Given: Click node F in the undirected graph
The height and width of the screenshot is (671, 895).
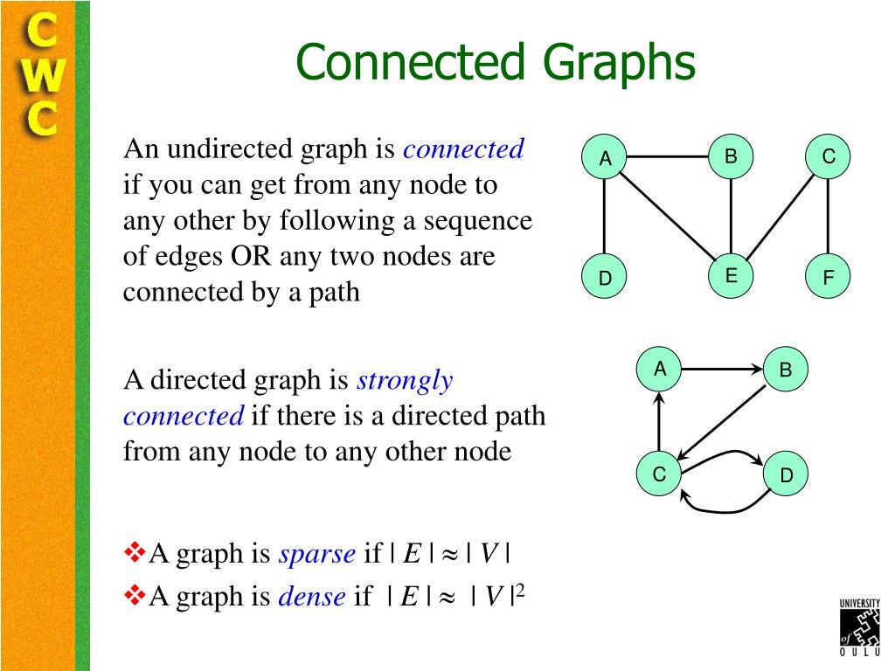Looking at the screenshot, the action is point(828,277).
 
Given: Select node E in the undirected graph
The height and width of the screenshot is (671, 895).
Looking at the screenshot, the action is point(731,276).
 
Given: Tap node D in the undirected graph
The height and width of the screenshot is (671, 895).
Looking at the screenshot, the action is point(605,277).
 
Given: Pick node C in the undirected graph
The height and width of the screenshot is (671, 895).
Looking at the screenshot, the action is point(828,156).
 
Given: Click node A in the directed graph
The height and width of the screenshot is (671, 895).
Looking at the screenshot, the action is point(659,370).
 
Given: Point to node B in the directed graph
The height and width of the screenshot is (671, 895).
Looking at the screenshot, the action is point(786,370).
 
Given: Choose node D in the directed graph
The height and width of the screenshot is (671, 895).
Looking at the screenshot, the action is point(786,474).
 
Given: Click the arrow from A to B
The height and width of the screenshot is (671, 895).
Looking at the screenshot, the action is point(722,370).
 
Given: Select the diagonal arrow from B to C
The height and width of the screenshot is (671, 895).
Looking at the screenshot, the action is point(721,423).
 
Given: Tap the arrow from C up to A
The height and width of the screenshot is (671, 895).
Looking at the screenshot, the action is point(659,422).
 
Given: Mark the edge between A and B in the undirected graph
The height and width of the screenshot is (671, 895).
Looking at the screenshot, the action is point(667,156).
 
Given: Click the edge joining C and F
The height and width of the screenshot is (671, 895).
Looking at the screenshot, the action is point(828,217).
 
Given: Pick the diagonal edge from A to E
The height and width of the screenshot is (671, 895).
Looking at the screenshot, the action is point(667,217).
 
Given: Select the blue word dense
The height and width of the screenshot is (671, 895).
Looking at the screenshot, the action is point(312,596).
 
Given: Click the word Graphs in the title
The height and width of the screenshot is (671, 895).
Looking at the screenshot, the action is point(619,64).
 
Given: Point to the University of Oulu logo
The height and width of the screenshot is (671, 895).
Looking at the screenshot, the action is point(860,627).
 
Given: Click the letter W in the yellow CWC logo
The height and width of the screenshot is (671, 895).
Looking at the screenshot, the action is point(44,75).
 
